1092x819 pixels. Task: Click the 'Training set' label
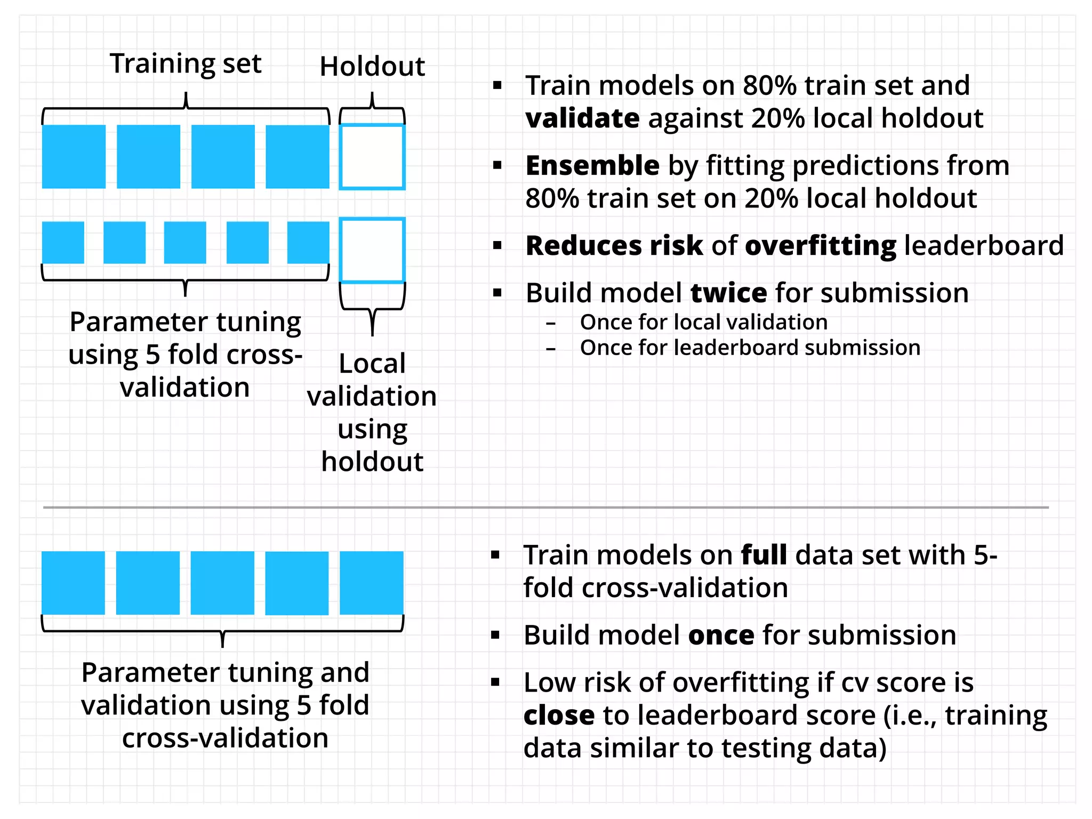tap(186, 63)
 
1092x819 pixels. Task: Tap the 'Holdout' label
tap(372, 67)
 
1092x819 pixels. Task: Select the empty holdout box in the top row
tap(372, 157)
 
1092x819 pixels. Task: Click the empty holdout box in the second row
tap(372, 250)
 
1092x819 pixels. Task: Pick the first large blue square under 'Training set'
tap(74, 157)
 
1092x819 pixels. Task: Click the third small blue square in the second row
tap(184, 243)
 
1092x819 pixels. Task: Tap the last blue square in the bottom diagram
tap(372, 583)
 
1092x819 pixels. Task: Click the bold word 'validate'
tap(582, 118)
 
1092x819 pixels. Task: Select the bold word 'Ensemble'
tap(592, 166)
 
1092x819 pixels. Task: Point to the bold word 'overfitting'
tap(820, 246)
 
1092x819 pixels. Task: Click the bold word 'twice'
tap(728, 293)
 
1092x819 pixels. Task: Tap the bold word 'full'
tap(764, 555)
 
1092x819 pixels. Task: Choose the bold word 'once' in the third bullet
tap(721, 635)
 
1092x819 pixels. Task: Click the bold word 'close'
tap(559, 715)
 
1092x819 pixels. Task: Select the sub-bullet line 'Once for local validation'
tap(703, 322)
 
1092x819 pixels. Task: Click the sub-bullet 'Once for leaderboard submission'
tap(750, 348)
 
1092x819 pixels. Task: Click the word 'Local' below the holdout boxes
tap(372, 364)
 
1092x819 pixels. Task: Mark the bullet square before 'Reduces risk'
tap(497, 246)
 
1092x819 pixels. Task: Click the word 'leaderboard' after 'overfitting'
tap(984, 246)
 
